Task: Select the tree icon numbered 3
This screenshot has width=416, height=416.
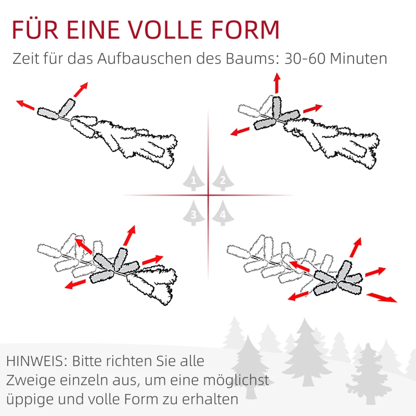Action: (193, 213)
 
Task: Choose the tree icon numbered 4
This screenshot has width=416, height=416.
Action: (222, 213)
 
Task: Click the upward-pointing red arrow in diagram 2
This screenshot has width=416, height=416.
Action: (277, 83)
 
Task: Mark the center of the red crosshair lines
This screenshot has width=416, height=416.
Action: (208, 196)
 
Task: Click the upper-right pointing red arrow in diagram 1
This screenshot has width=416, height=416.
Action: (81, 89)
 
